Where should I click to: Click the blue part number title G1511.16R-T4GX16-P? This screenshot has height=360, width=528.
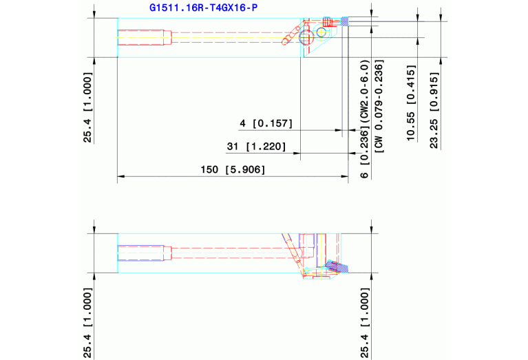tap(203, 8)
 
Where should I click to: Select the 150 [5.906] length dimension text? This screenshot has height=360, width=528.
tap(233, 169)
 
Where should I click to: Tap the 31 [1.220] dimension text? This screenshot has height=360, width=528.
tap(256, 147)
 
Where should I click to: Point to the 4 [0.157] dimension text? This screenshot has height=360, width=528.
tap(266, 123)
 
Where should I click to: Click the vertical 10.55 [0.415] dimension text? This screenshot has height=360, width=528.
tap(412, 103)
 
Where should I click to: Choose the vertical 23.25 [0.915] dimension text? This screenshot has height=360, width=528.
tap(434, 110)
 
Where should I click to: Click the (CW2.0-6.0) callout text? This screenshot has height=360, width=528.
tap(365, 92)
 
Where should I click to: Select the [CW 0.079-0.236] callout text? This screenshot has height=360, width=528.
tap(379, 107)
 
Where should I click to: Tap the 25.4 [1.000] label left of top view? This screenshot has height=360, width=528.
tap(87, 107)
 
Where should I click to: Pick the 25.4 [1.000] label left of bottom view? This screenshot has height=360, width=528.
tap(87, 323)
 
